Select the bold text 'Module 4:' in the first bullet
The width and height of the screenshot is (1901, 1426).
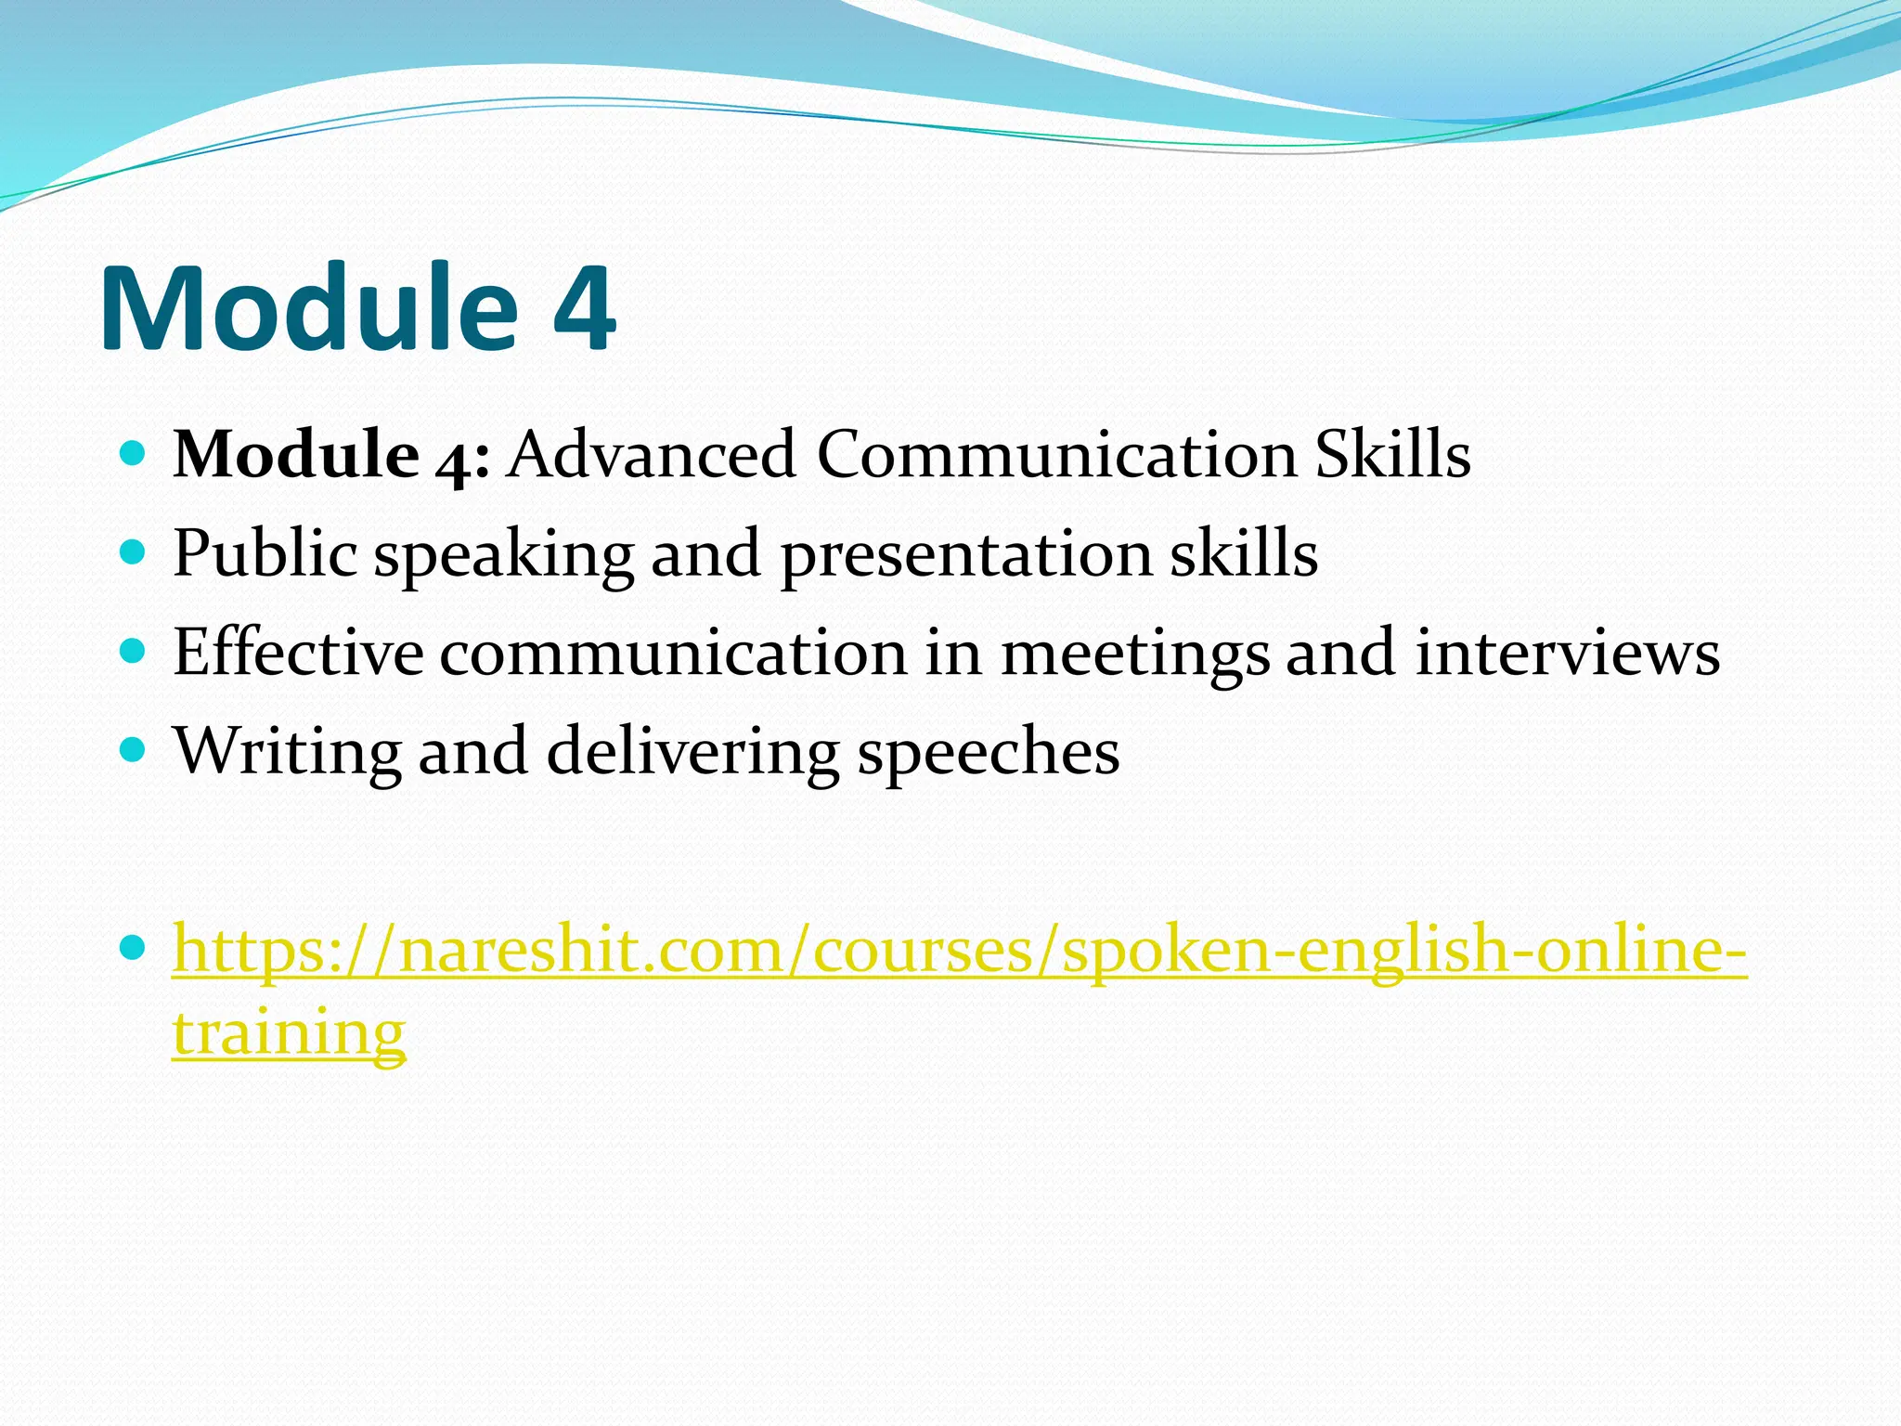[x=331, y=456]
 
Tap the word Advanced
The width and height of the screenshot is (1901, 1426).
[x=651, y=456]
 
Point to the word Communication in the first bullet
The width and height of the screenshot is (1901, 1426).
[x=1055, y=456]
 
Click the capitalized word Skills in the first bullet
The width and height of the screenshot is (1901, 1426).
[x=1392, y=456]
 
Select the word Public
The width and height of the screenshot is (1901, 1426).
[x=265, y=555]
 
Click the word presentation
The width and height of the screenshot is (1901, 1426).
[x=965, y=555]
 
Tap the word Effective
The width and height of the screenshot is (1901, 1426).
[x=298, y=653]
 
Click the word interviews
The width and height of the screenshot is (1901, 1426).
[x=1567, y=653]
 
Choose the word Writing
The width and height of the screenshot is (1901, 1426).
[x=288, y=752]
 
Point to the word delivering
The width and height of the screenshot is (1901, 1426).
[x=692, y=752]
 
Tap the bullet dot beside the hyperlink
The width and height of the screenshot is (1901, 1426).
[x=134, y=948]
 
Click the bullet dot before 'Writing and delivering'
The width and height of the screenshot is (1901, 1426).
[x=134, y=748]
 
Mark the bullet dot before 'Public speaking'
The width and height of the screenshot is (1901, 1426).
[x=134, y=552]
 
